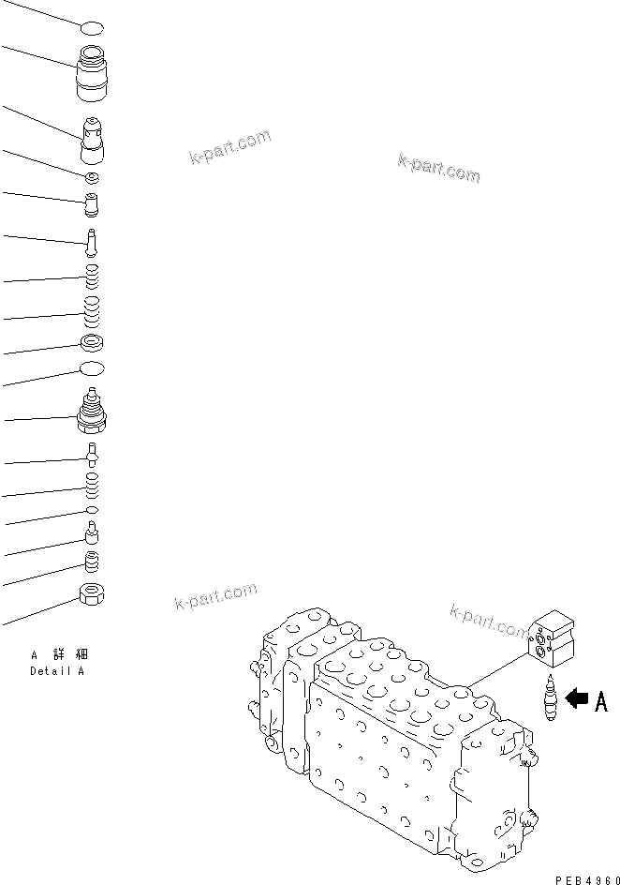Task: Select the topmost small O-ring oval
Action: (92, 29)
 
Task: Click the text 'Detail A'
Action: (57, 671)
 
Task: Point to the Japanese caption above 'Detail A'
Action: (58, 655)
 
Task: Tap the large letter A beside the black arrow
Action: (600, 701)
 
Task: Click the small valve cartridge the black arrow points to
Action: (550, 698)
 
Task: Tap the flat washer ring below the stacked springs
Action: (92, 342)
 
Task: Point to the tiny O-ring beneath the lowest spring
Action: (92, 509)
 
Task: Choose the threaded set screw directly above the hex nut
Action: (92, 562)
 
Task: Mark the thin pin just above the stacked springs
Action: (92, 241)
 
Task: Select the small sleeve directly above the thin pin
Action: (92, 202)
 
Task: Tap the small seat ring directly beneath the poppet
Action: (92, 177)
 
